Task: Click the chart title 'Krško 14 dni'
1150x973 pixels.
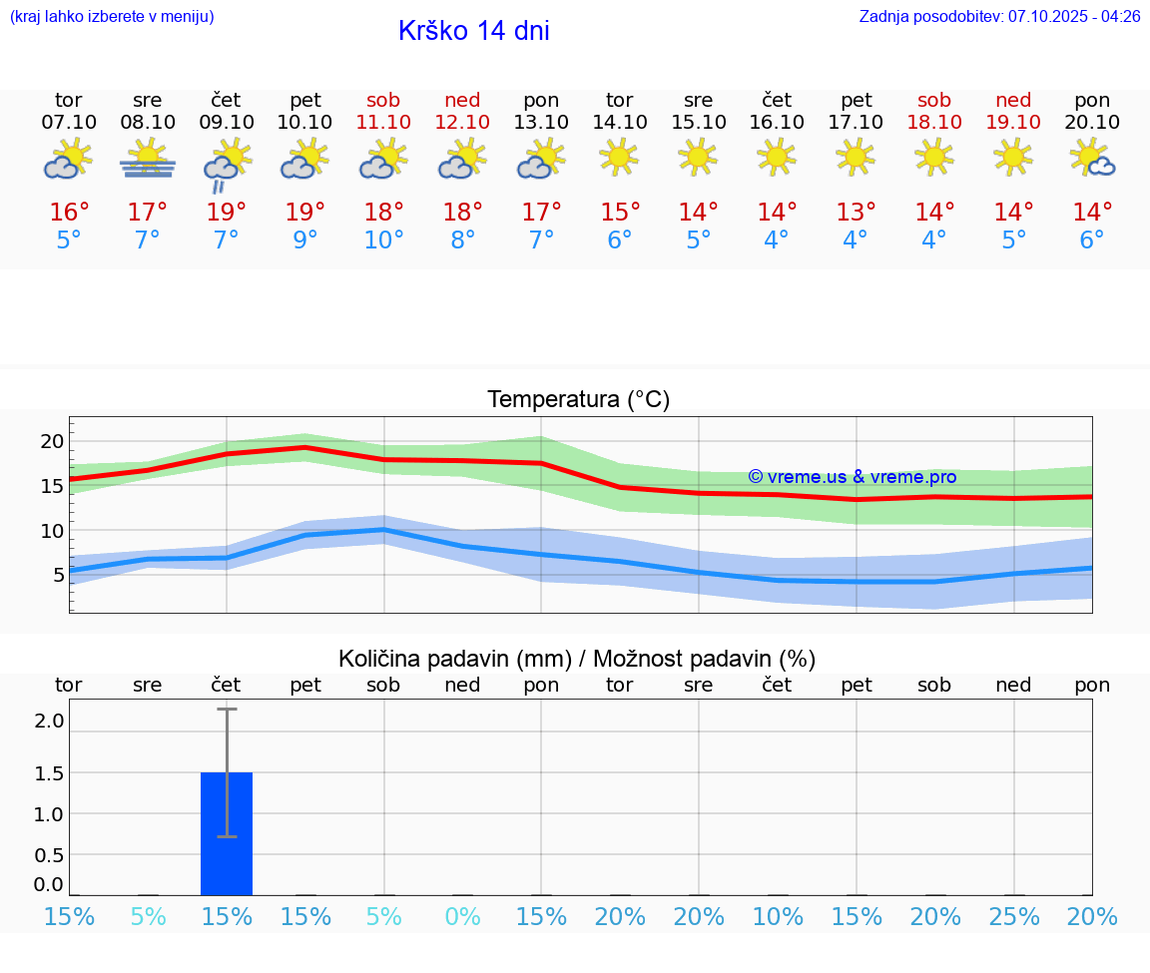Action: [473, 31]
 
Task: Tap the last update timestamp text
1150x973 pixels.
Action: [999, 16]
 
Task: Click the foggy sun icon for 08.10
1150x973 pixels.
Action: [148, 160]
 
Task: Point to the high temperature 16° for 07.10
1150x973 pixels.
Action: [69, 213]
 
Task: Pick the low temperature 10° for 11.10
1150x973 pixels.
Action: [383, 241]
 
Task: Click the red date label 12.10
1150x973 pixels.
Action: [462, 122]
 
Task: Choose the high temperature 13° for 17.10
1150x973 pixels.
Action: [856, 213]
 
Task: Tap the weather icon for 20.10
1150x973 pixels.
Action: [1092, 159]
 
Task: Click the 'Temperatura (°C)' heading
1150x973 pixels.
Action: [578, 400]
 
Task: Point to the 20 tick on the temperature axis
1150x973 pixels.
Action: [52, 441]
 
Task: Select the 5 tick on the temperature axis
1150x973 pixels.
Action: [58, 575]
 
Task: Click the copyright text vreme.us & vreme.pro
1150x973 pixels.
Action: [852, 477]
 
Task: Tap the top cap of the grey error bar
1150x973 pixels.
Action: [227, 710]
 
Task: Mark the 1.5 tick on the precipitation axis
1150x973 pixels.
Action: [50, 773]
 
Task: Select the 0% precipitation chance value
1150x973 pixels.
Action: [462, 916]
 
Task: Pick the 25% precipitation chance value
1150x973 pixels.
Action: [1013, 916]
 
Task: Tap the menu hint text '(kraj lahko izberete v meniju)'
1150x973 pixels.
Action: [112, 16]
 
